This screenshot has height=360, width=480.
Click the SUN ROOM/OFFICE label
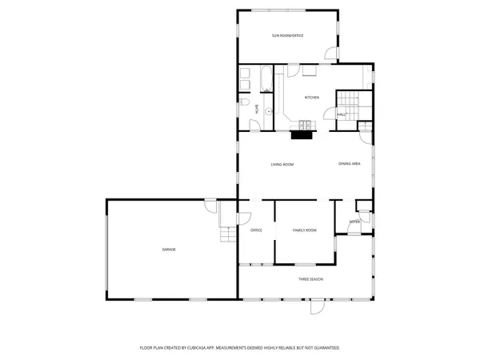click(287, 36)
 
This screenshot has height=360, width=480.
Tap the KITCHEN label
click(312, 98)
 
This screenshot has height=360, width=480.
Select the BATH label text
click(257, 110)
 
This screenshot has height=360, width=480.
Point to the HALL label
click(341, 115)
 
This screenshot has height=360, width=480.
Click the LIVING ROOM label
click(282, 164)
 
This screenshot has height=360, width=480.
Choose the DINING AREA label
click(350, 164)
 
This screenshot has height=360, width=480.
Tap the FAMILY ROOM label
click(304, 230)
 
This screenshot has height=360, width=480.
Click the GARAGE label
click(169, 250)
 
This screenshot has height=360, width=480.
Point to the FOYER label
click(354, 222)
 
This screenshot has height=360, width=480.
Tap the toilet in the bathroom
click(243, 106)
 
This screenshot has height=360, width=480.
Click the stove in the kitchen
click(304, 123)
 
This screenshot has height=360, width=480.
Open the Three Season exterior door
click(317, 306)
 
